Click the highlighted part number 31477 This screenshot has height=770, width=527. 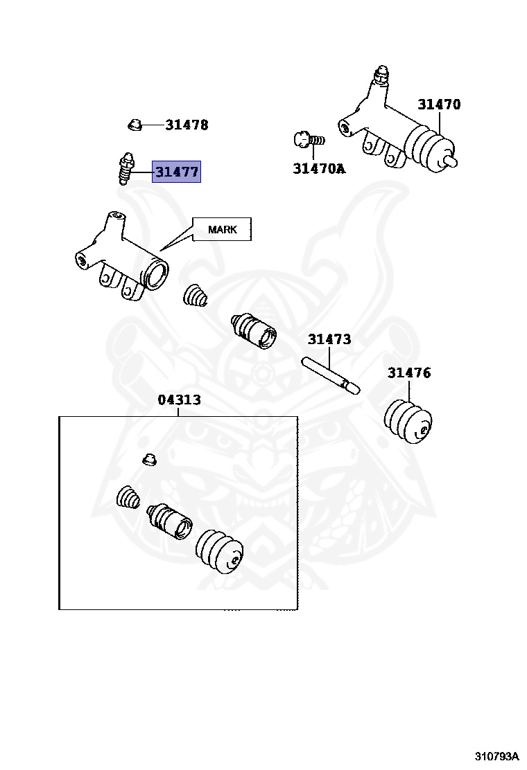176,172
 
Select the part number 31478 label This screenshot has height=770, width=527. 187,125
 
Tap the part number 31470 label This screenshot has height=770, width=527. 438,105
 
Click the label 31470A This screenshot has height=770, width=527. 318,168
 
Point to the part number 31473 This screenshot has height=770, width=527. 329,339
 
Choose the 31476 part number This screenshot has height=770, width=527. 408,373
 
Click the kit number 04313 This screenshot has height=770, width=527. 179,400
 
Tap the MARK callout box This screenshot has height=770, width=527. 222,229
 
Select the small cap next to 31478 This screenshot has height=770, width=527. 135,125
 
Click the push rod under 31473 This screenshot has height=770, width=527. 330,374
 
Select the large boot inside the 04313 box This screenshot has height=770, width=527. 219,552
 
